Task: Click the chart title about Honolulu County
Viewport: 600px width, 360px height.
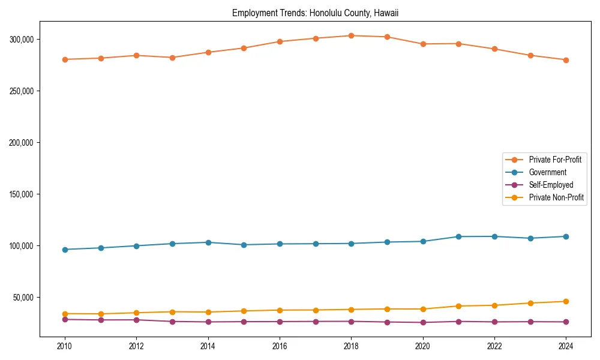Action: [x=315, y=13]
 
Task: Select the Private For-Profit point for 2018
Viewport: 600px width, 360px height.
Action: [x=352, y=35]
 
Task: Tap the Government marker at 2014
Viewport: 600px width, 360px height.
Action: [x=208, y=242]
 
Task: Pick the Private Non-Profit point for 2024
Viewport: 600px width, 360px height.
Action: [x=566, y=301]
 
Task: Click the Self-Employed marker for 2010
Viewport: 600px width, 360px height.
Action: [x=65, y=319]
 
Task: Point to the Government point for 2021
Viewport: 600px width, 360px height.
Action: [x=458, y=236]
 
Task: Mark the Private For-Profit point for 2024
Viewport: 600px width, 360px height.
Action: [x=566, y=60]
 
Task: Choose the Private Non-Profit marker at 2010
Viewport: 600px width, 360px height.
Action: [x=65, y=314]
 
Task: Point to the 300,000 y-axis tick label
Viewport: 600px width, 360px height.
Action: [x=23, y=40]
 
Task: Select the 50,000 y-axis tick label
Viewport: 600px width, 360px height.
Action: [x=25, y=298]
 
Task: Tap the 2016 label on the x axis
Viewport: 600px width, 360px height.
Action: [x=280, y=346]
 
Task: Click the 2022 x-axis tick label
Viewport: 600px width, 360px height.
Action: [x=494, y=346]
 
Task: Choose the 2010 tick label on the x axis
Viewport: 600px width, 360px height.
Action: [x=65, y=346]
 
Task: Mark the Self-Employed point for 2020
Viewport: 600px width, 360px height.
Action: [x=423, y=322]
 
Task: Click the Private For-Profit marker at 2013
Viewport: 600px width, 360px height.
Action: [x=172, y=58]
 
